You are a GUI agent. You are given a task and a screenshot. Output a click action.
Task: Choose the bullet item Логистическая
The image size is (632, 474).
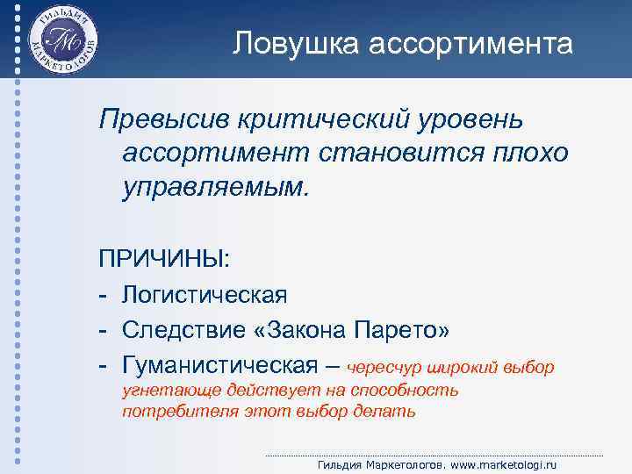click(x=205, y=295)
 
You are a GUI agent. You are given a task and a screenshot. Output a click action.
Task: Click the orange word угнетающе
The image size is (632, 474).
click(x=164, y=390)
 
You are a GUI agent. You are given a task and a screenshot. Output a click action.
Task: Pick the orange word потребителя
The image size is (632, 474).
click(x=174, y=411)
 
